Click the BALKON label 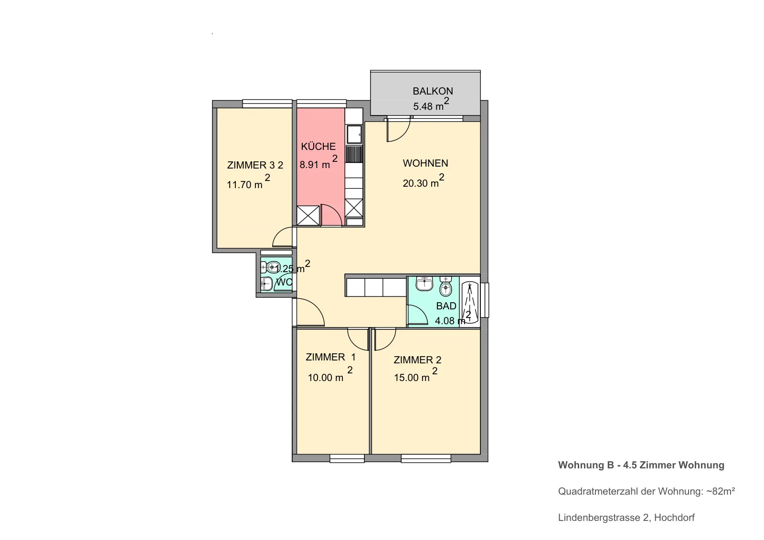click(x=433, y=91)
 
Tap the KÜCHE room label click(x=318, y=147)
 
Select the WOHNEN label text click(x=425, y=163)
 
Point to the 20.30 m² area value click(x=424, y=181)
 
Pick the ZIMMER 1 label click(x=330, y=357)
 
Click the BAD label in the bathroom click(x=446, y=306)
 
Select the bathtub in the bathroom click(x=470, y=302)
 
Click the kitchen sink click(x=354, y=134)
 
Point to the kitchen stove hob click(x=354, y=154)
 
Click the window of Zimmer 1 click(x=347, y=458)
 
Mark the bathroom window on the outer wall click(x=485, y=300)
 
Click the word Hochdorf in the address click(x=674, y=518)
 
